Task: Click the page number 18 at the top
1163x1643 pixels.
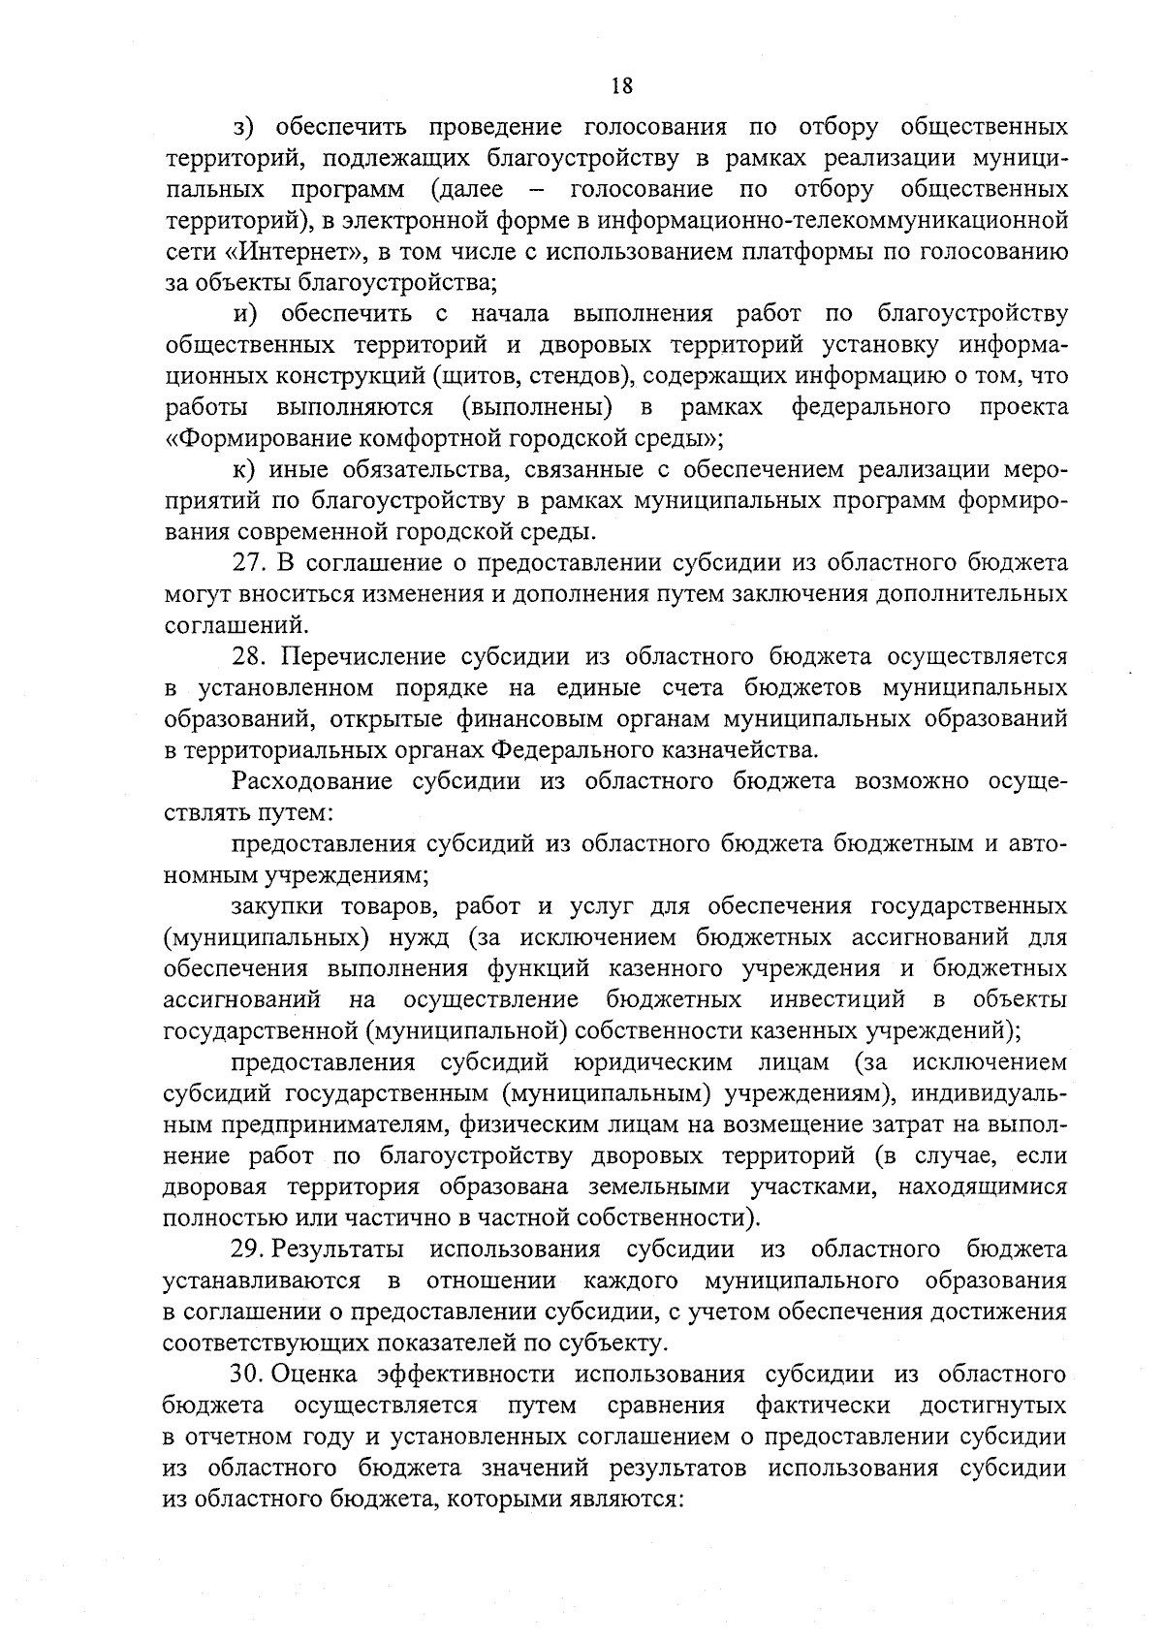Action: [621, 85]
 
